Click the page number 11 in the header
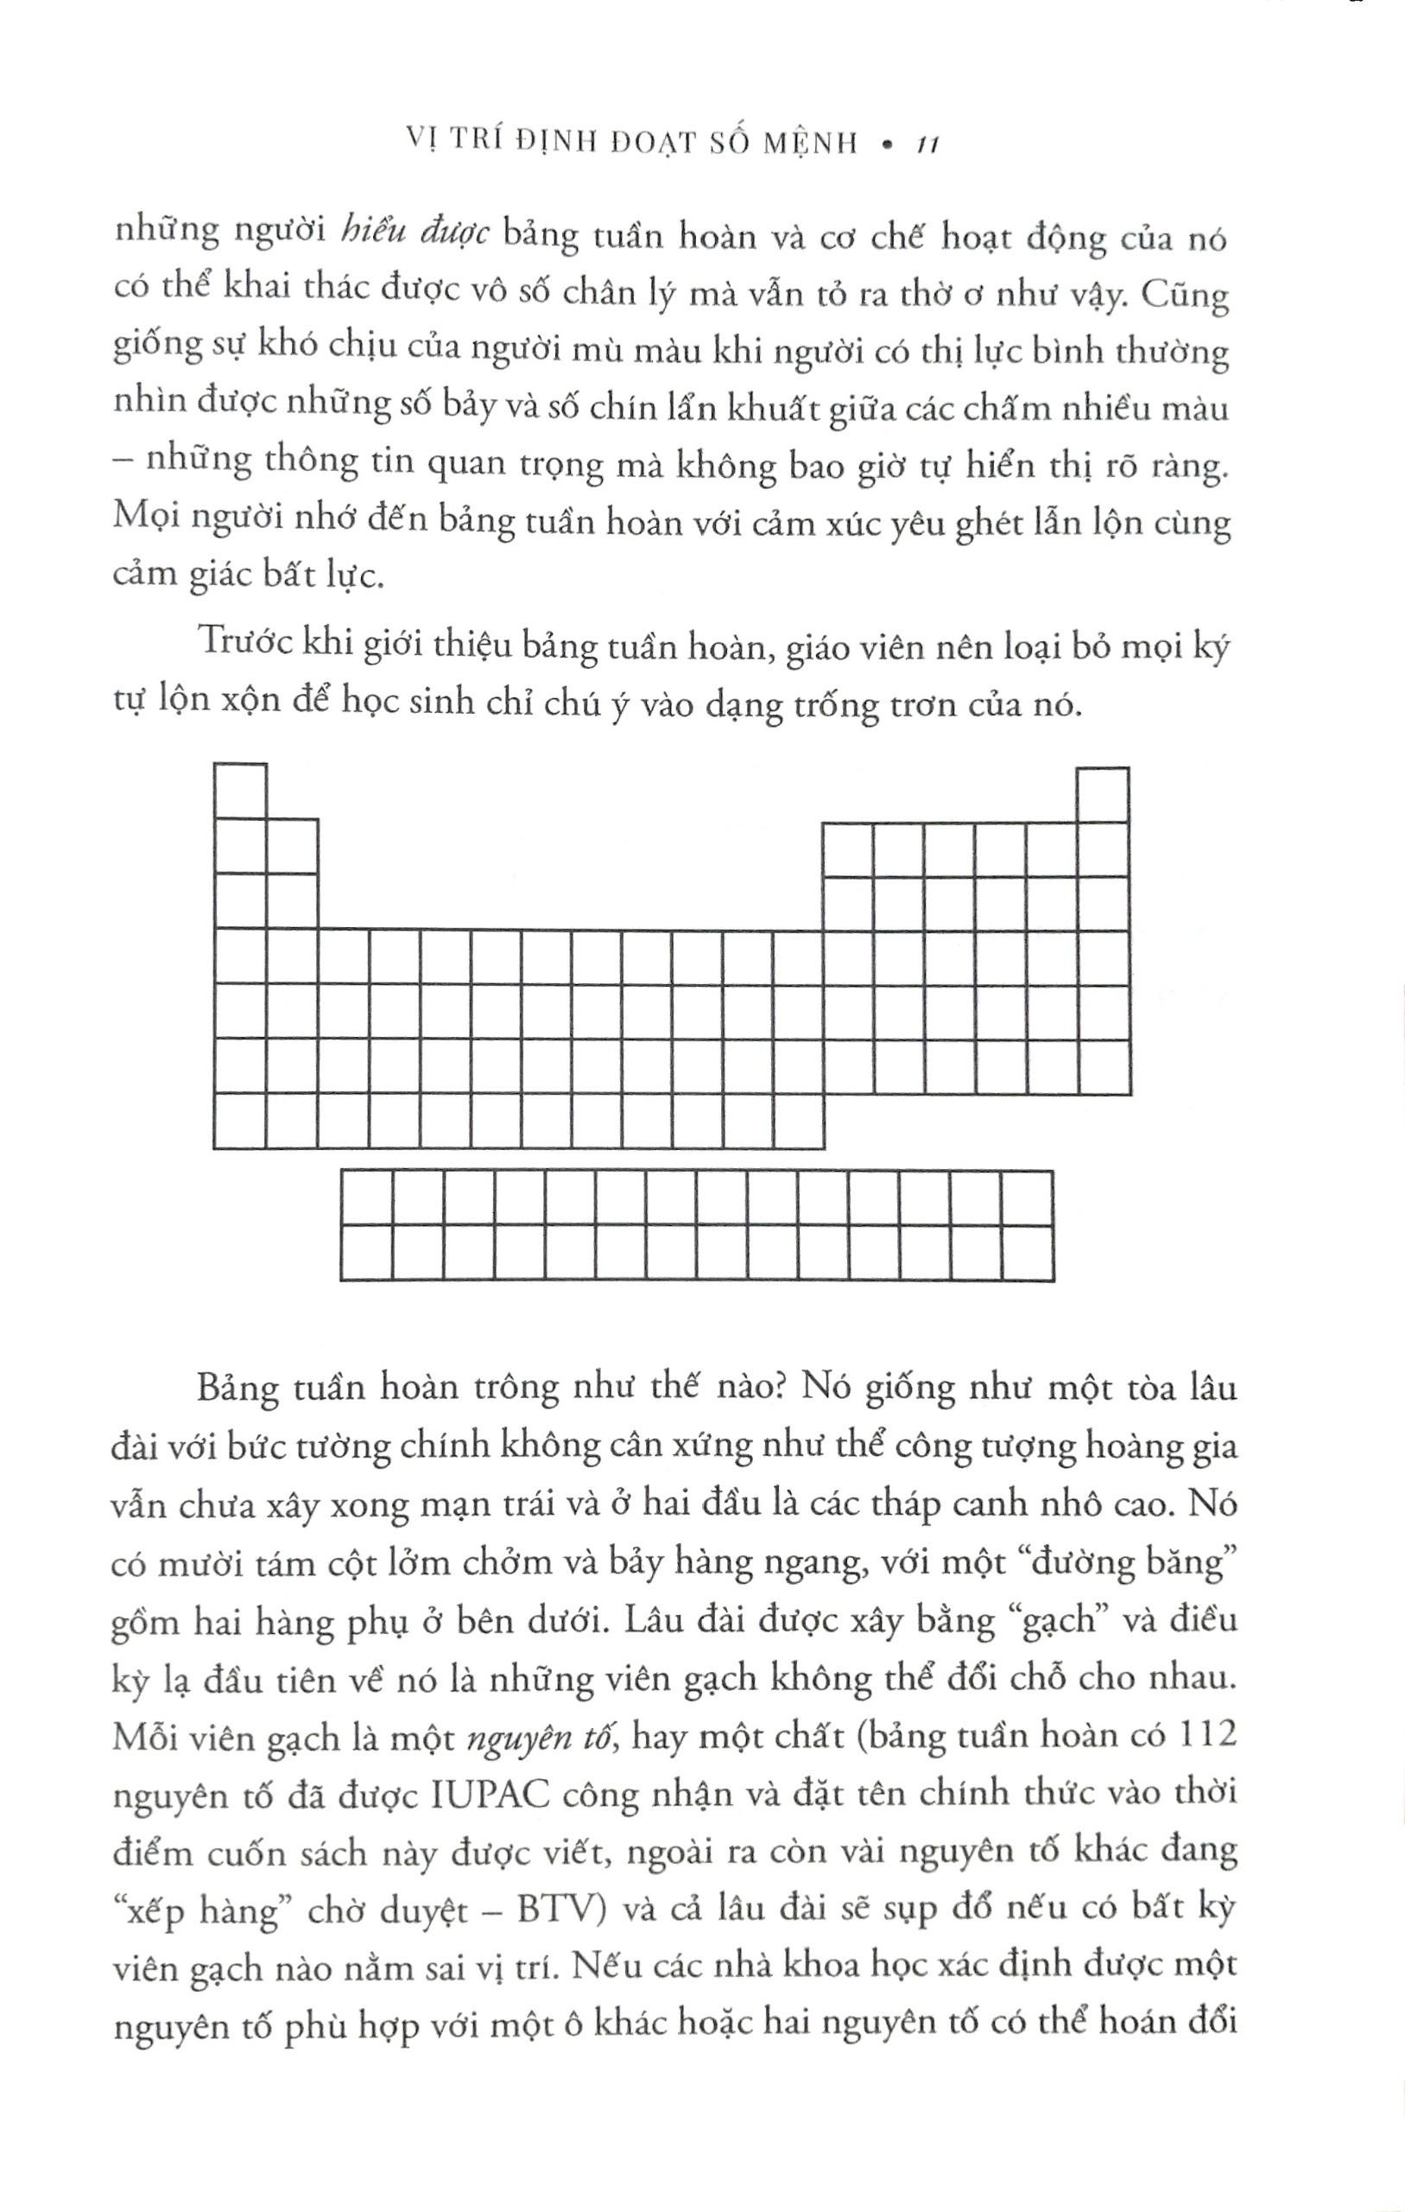922,145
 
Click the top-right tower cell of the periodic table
1103,795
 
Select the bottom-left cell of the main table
240,1122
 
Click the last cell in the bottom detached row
1027,1252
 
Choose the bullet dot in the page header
885,145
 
